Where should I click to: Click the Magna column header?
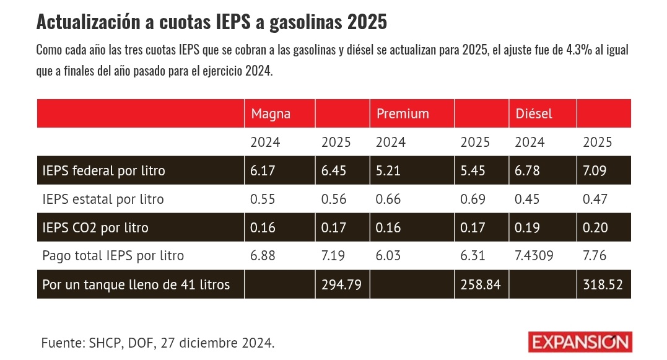tap(271, 114)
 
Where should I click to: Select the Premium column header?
tap(403, 114)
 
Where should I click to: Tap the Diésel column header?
tap(534, 114)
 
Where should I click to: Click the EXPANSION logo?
tap(580, 342)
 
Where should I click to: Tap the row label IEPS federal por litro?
tap(103, 170)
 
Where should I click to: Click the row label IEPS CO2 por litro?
tap(95, 228)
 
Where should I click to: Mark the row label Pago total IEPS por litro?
tap(113, 255)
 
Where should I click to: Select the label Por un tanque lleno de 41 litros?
tap(136, 285)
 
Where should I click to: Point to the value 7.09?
tap(595, 170)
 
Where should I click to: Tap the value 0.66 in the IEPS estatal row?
tap(388, 200)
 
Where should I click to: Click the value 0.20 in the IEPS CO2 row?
tap(595, 228)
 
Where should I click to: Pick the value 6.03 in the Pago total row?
tap(388, 255)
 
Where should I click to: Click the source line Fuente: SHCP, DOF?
tap(158, 343)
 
